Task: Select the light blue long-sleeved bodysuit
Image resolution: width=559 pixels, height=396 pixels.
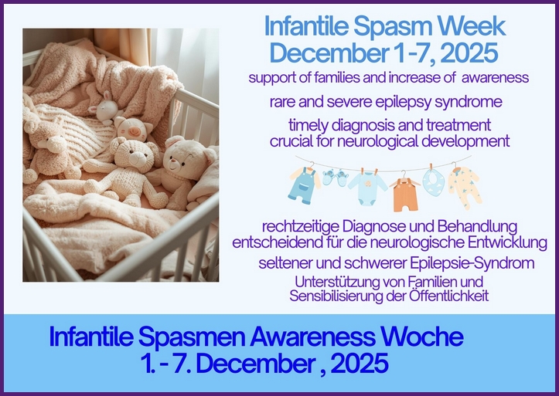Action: [x=367, y=188]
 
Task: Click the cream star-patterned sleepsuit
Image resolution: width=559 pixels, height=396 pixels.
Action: [x=465, y=188]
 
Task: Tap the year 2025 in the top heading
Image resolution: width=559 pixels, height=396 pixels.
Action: [x=463, y=53]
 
